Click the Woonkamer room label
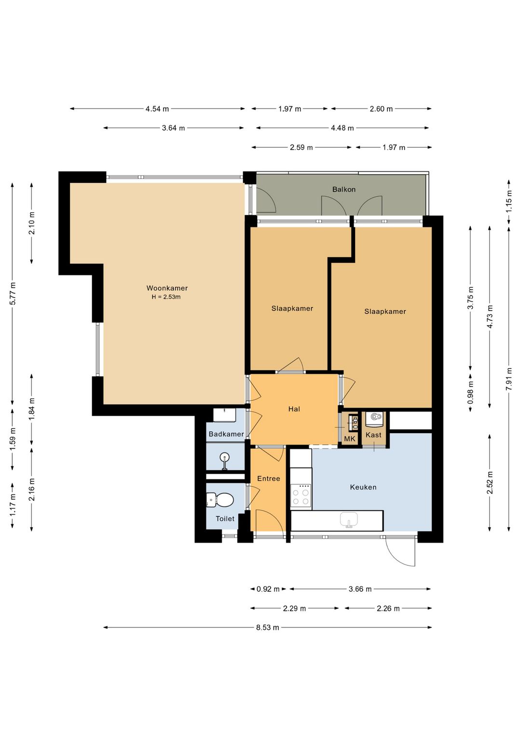[167, 288]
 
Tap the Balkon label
[344, 189]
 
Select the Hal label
[294, 409]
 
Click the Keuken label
[363, 487]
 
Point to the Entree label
[269, 478]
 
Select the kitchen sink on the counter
[349, 520]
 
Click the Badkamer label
[226, 434]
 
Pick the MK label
[349, 438]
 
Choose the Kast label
[373, 435]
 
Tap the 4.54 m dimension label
[157, 109]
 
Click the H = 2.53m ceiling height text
[166, 297]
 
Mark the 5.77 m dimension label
[13, 293]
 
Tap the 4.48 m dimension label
[342, 128]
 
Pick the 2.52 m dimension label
[490, 482]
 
